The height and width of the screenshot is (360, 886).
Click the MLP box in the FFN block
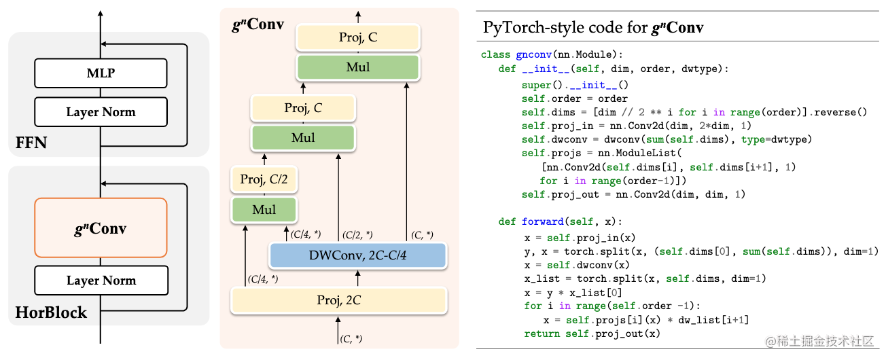[101, 73]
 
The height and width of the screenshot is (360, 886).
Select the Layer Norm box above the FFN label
[101, 112]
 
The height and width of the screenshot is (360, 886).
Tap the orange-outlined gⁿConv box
[101, 228]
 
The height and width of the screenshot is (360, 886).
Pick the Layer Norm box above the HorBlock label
[101, 280]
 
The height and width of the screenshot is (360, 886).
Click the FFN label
[31, 143]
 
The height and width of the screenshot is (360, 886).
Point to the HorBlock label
[51, 312]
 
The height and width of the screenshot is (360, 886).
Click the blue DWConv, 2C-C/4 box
[357, 255]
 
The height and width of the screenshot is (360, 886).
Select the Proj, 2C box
[339, 300]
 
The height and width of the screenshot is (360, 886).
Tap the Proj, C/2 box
[264, 179]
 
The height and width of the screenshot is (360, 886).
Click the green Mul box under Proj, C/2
[264, 210]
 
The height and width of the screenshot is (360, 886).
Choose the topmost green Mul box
[358, 67]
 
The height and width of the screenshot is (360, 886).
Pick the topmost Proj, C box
[358, 37]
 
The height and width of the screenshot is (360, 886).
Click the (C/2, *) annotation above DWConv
[357, 235]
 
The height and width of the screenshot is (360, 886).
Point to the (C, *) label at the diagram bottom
[351, 339]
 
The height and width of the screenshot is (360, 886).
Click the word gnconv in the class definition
[533, 54]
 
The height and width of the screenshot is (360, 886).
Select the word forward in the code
[542, 221]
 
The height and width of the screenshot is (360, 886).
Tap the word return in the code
[542, 334]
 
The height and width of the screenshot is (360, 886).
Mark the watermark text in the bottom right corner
[819, 342]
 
